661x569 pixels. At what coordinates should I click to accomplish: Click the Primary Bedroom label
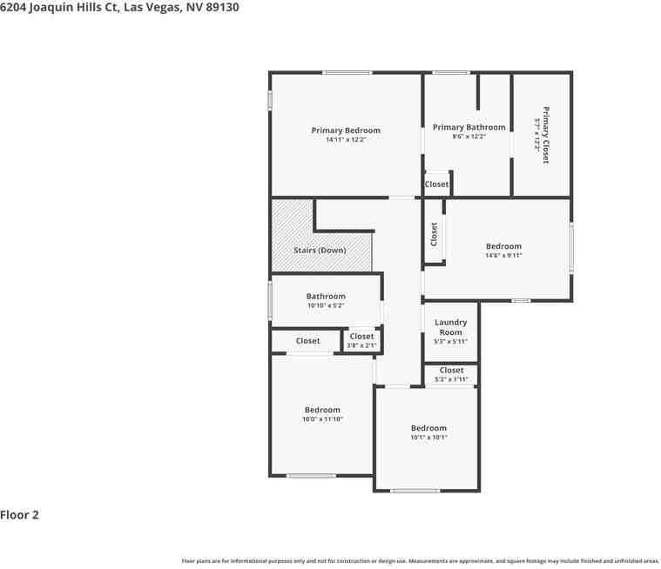[346, 131]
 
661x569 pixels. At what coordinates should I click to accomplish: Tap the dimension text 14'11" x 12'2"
[346, 140]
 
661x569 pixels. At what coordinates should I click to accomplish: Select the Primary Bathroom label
[469, 127]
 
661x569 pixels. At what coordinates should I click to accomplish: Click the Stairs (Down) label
[320, 251]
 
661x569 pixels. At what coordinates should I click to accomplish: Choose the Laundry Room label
[450, 327]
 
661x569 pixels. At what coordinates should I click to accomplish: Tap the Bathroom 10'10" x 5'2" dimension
[326, 305]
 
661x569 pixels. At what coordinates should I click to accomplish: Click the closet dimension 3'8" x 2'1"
[361, 345]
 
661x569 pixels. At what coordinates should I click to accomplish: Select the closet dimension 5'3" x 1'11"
[451, 379]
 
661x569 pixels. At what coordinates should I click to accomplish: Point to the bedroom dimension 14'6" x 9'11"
[503, 256]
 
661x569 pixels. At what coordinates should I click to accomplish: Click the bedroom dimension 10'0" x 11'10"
[322, 419]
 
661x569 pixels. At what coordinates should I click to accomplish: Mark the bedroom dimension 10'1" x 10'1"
[428, 437]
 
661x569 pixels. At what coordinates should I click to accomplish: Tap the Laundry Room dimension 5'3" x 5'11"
[450, 341]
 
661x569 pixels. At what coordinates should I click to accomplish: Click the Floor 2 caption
[19, 514]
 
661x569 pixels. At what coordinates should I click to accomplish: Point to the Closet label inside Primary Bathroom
[436, 184]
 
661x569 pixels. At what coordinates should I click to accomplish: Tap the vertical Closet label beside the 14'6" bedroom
[434, 233]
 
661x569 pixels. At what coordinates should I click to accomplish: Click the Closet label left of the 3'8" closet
[307, 341]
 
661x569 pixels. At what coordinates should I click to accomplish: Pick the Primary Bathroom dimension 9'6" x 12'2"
[469, 137]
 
